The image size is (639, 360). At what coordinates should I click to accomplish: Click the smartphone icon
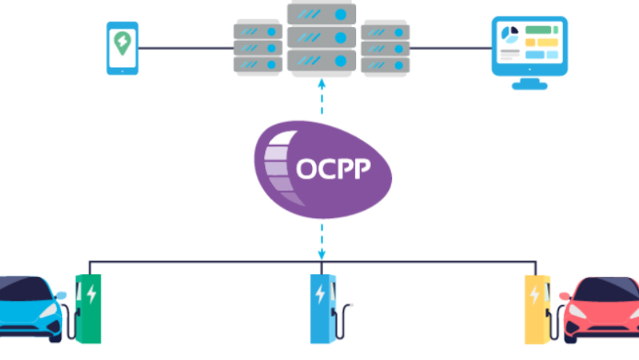coord(121,49)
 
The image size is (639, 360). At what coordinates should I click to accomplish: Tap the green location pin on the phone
coord(121,46)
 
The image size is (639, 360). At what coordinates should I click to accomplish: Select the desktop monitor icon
coord(529,51)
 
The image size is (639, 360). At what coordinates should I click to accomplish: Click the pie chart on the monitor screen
coord(509,35)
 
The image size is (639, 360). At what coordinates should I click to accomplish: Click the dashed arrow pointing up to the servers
coord(322,97)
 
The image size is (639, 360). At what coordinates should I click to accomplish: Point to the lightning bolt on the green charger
coord(91,294)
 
